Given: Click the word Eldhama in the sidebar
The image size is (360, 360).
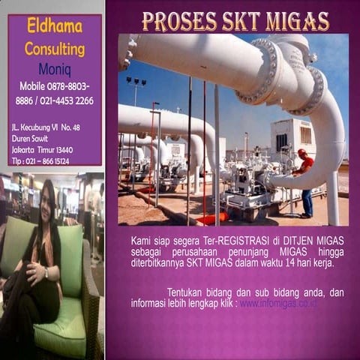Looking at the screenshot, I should [x=54, y=28].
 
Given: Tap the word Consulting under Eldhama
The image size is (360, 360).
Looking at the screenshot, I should [x=54, y=49].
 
